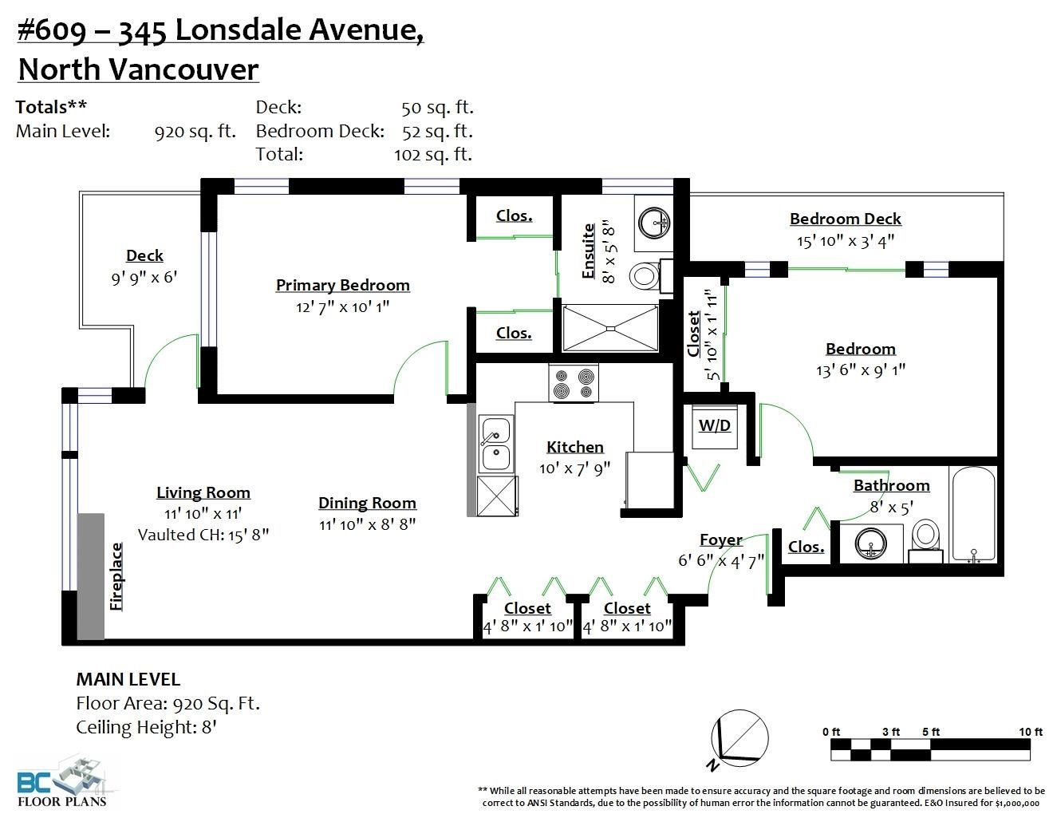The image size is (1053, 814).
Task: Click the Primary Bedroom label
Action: tap(342, 285)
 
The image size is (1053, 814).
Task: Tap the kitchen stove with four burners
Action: tap(574, 383)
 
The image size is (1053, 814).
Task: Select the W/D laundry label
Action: tap(714, 425)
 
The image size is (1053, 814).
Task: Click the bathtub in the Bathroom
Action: tap(973, 515)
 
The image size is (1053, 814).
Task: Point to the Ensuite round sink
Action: tap(654, 223)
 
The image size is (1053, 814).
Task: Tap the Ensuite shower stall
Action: tap(610, 328)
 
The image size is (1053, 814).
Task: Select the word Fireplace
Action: tap(116, 576)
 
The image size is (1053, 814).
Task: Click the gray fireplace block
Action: tap(91, 576)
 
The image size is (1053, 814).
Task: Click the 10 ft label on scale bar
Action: tap(1030, 732)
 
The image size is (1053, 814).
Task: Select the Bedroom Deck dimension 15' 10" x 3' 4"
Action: tap(846, 241)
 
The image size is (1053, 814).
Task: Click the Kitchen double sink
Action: tap(495, 444)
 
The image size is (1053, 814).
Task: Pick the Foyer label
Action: tap(721, 539)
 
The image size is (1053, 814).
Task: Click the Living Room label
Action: tap(203, 492)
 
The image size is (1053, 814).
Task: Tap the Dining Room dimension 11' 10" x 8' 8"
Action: tap(367, 524)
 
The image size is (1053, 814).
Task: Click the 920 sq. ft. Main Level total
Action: tap(195, 132)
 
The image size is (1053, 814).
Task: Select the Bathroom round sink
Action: tap(871, 543)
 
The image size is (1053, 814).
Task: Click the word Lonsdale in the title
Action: tap(239, 30)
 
